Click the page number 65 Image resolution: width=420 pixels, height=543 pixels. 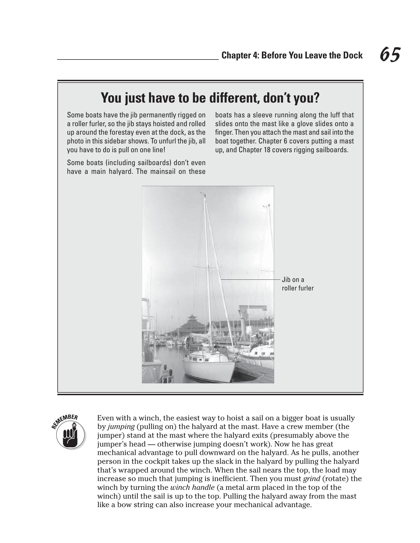click(x=390, y=55)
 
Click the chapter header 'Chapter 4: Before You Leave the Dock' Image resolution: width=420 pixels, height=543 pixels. click(x=292, y=56)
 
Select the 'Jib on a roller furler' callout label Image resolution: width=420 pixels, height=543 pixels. click(x=297, y=284)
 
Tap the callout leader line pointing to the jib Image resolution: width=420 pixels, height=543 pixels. click(x=250, y=279)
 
